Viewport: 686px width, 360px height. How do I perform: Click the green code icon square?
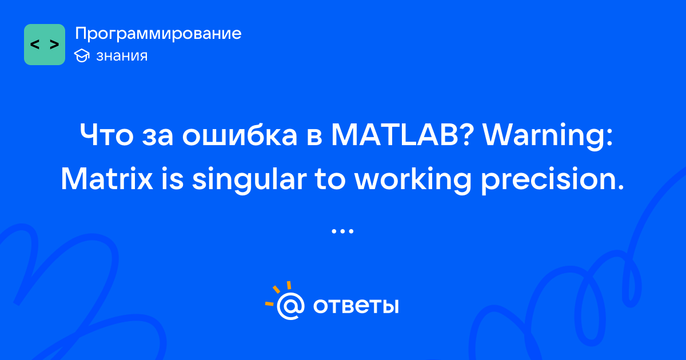(x=45, y=45)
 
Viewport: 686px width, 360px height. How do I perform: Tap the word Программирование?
(x=158, y=34)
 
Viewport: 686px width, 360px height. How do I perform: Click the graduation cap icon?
(x=82, y=55)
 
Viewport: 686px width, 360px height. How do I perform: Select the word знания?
(x=122, y=56)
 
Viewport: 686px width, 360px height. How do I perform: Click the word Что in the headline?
(x=106, y=135)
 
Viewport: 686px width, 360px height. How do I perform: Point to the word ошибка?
(x=240, y=134)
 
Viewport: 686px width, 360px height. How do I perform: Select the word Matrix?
(x=107, y=178)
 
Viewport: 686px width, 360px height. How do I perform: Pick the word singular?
(x=249, y=181)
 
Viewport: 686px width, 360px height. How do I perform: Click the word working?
(x=413, y=181)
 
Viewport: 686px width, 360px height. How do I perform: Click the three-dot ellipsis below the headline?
(x=342, y=231)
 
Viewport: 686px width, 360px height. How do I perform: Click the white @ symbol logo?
(x=290, y=306)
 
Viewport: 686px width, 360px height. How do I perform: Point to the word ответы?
(x=356, y=306)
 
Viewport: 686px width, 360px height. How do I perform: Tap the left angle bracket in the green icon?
(x=35, y=45)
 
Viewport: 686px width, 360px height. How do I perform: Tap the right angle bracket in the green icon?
(x=54, y=45)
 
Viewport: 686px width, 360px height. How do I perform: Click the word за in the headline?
(x=158, y=137)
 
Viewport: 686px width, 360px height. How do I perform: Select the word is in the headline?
(x=173, y=178)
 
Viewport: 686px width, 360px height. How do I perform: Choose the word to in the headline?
(x=331, y=180)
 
